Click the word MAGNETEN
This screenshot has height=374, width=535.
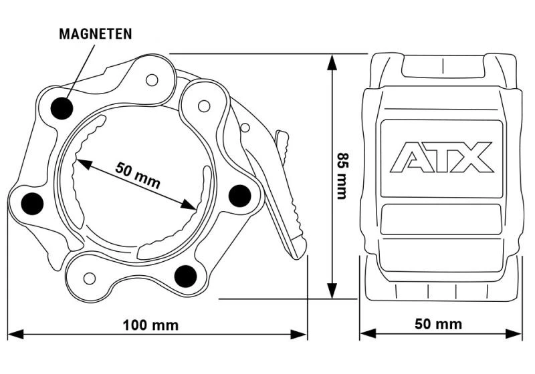pos(96,34)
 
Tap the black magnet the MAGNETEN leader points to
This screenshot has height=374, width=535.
pos(62,108)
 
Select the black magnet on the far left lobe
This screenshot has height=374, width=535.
pos(32,204)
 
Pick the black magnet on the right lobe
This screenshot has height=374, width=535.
pos(239,196)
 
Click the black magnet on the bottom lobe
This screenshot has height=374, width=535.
pos(185,276)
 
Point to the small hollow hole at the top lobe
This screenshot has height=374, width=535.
pos(152,80)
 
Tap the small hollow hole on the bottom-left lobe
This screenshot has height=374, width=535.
pos(90,278)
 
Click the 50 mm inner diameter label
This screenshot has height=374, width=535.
pos(138,175)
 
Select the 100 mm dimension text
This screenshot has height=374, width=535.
pos(150,325)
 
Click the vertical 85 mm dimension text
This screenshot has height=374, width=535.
pos(342,176)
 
